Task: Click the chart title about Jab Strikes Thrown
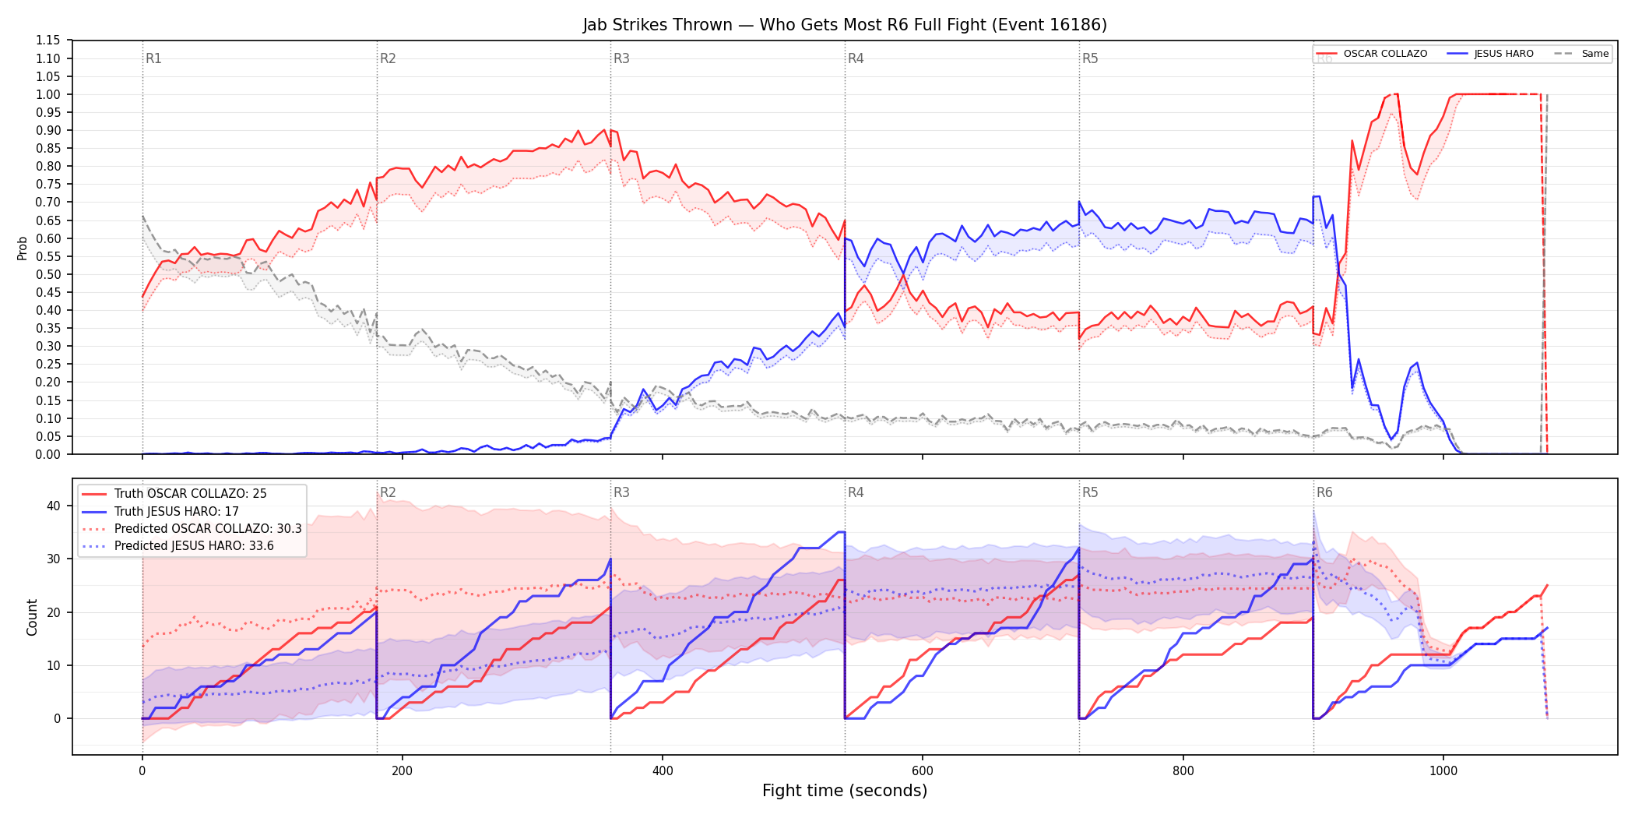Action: coord(845,25)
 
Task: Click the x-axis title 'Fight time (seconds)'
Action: coord(845,791)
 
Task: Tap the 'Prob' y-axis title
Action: coord(23,248)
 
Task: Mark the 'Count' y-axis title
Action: coord(32,617)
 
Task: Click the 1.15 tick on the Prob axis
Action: coord(48,41)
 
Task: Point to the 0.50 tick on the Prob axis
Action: coord(48,274)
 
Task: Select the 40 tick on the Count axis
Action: coord(54,506)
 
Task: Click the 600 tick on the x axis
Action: coord(923,771)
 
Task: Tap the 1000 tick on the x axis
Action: coord(1443,771)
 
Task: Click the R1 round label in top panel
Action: coord(153,58)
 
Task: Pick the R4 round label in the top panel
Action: coord(856,58)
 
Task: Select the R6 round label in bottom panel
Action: coord(1324,492)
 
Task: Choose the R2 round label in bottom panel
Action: coord(388,492)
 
